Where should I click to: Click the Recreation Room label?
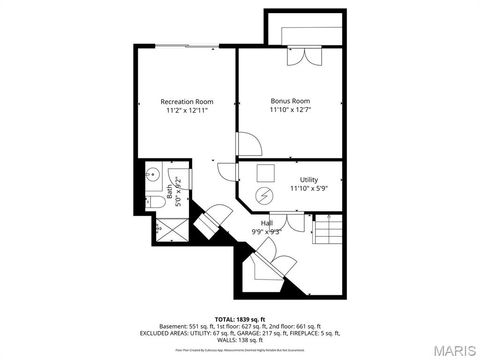pyautogui.click(x=188, y=101)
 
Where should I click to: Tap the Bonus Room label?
pyautogui.click(x=290, y=101)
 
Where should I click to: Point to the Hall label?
pyautogui.click(x=267, y=222)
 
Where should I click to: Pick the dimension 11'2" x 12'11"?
pyautogui.click(x=188, y=111)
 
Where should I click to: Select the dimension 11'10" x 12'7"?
pyautogui.click(x=290, y=111)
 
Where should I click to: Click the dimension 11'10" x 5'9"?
pyautogui.click(x=308, y=188)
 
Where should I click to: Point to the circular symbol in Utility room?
pyautogui.click(x=266, y=195)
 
